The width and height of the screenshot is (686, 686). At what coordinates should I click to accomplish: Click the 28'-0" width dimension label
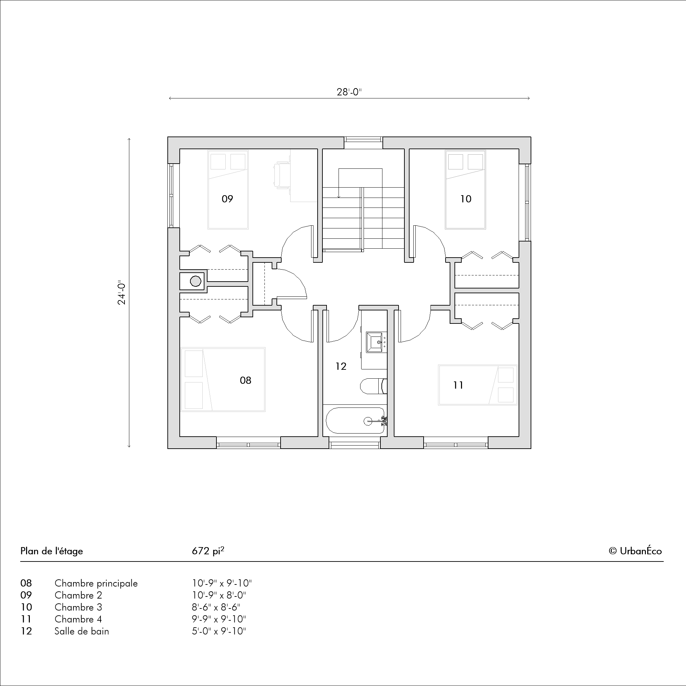[349, 92]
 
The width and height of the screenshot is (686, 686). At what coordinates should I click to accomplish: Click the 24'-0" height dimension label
[122, 294]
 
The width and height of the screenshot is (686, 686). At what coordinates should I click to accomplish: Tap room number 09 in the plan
[227, 199]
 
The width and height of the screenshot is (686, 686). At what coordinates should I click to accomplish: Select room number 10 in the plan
[465, 199]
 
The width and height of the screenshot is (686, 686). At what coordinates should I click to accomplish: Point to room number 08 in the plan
[245, 380]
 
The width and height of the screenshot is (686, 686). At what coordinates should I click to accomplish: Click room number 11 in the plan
[458, 385]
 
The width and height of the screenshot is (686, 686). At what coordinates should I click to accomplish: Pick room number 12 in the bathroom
[341, 366]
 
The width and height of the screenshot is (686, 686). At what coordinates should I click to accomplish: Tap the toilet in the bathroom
[373, 386]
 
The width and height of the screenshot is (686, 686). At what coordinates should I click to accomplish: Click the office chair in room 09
[282, 174]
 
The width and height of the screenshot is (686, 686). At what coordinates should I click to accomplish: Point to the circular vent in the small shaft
[196, 281]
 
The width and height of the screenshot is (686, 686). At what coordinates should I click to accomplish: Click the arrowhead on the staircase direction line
[339, 196]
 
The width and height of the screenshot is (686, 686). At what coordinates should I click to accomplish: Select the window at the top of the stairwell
[363, 143]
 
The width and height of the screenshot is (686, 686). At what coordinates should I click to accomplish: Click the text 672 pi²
[208, 551]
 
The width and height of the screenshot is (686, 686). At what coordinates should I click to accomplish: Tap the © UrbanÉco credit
[635, 551]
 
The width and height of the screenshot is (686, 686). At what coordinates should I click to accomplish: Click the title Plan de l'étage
[51, 551]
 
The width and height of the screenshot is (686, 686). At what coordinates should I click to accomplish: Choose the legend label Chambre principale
[96, 583]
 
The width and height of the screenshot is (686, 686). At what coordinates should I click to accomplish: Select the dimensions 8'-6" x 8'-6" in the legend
[216, 607]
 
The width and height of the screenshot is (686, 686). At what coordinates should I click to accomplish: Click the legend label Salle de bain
[82, 631]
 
